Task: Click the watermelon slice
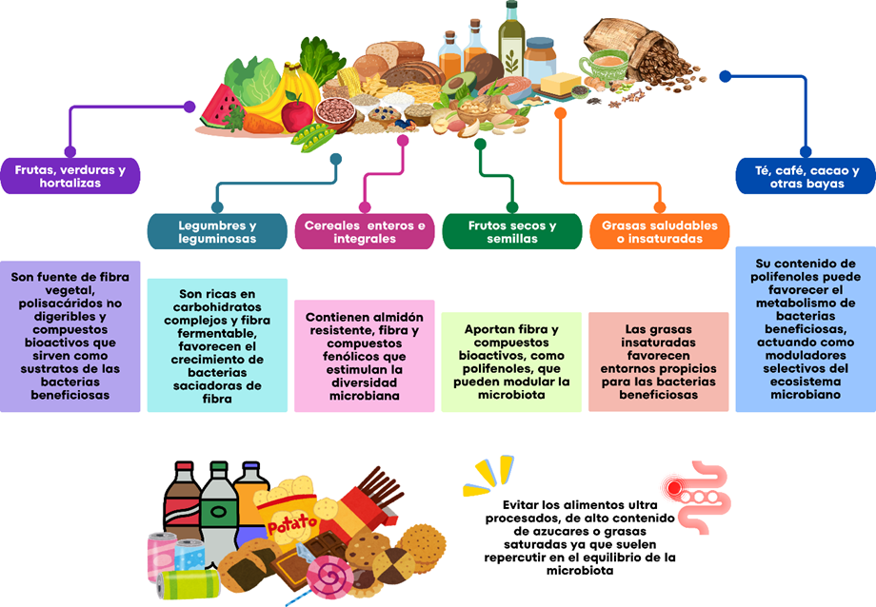(225, 107)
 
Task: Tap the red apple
(297, 114)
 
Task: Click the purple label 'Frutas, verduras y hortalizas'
(70, 176)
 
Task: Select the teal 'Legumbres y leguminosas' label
(217, 232)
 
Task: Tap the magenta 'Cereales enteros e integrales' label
(365, 232)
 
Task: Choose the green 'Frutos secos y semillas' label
(512, 232)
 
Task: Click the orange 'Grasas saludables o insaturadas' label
(660, 232)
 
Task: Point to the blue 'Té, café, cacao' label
(806, 176)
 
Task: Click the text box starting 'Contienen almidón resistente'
(366, 356)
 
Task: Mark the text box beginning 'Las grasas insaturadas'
(659, 362)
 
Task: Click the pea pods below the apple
(313, 137)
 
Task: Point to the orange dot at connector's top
(561, 112)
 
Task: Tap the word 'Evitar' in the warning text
(524, 504)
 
